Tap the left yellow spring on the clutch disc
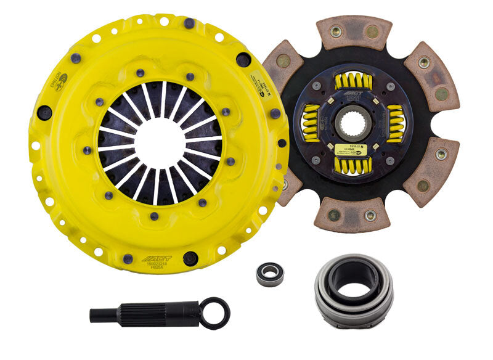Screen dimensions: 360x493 309,123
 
